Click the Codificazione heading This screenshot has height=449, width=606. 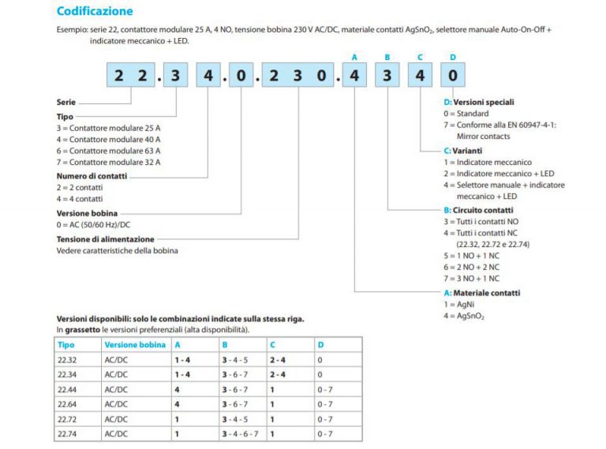pos(95,11)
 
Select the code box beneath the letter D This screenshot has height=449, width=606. pos(452,77)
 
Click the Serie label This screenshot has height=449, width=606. pos(66,103)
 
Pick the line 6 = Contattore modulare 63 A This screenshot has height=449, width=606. pos(109,150)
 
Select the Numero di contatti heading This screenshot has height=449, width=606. pos(92,176)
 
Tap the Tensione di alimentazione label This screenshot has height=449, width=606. pos(106,238)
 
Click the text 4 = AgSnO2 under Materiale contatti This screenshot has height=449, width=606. pos(465,316)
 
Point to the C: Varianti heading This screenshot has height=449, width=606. pos(463,150)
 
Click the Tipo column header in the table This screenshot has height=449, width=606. pos(66,345)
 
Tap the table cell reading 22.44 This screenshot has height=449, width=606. pos(68,389)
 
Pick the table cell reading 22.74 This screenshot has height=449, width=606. pos(68,433)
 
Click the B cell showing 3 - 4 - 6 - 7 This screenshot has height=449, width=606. pos(241,433)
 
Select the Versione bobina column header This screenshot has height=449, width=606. pos(135,345)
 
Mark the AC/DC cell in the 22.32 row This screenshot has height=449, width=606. pos(116,360)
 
